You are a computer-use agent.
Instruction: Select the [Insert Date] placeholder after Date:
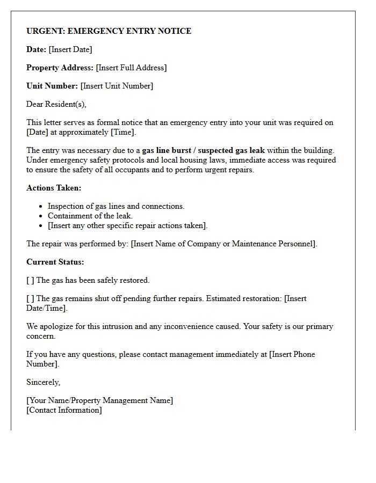[70, 49]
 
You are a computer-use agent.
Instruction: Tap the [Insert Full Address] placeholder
[131, 68]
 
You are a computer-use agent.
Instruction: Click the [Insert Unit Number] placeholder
[117, 86]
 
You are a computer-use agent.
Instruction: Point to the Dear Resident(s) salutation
[56, 104]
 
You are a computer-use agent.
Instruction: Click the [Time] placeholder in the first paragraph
[124, 132]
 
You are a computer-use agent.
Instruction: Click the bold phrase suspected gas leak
[232, 150]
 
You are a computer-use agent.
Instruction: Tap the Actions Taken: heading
[54, 188]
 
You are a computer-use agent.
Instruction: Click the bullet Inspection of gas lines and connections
[116, 206]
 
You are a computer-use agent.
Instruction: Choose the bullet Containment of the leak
[90, 216]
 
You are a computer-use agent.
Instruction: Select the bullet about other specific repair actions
[127, 225]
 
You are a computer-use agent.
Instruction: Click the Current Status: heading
[55, 262]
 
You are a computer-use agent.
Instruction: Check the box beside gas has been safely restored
[30, 280]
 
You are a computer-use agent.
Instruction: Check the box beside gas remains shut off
[30, 298]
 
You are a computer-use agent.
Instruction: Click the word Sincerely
[44, 382]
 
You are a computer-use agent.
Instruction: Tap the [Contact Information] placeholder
[64, 410]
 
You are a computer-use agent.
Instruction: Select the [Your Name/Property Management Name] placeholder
[100, 400]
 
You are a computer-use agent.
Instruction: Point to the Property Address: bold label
[60, 68]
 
